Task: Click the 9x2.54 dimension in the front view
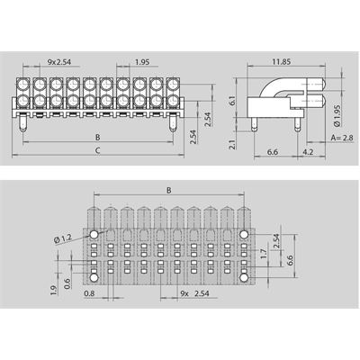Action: [x=59, y=62]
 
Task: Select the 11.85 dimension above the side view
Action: [x=282, y=62]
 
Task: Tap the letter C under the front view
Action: [x=97, y=150]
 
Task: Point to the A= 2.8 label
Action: [x=342, y=138]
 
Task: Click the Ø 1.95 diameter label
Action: [x=337, y=115]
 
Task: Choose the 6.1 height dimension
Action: [x=232, y=101]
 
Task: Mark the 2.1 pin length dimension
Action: [x=232, y=144]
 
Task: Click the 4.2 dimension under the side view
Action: [x=308, y=152]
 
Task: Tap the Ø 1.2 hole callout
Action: [x=63, y=239]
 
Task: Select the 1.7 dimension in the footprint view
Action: [x=264, y=254]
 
